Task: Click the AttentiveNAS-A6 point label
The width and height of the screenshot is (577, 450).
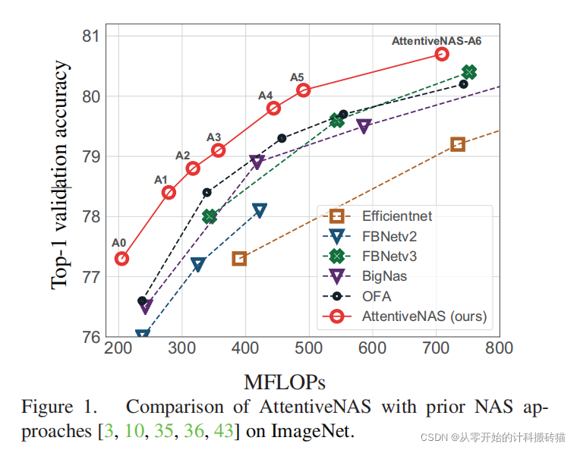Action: click(x=436, y=41)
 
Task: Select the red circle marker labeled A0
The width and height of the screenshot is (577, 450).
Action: click(x=121, y=259)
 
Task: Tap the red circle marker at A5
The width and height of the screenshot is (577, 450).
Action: click(x=304, y=90)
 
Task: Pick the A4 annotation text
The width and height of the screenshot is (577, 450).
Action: click(x=265, y=96)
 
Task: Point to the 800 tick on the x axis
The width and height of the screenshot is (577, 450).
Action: click(x=498, y=348)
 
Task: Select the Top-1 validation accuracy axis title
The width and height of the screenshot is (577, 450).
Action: click(x=61, y=175)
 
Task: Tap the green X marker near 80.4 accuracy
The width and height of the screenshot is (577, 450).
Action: click(x=469, y=72)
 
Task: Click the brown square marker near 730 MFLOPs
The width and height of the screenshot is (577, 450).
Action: click(x=458, y=144)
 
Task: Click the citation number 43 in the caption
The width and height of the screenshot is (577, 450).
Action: click(x=225, y=431)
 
